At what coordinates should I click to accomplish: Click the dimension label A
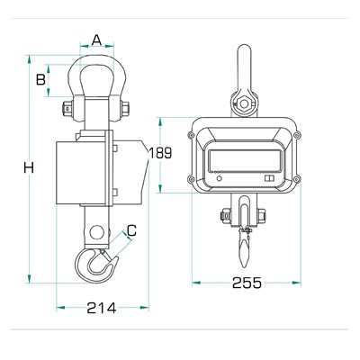pyautogui.click(x=96, y=40)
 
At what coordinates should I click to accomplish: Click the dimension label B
pyautogui.click(x=40, y=80)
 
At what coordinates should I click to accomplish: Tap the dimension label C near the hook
pyautogui.click(x=131, y=230)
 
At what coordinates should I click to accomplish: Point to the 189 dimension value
pyautogui.click(x=160, y=153)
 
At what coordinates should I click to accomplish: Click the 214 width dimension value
pyautogui.click(x=102, y=308)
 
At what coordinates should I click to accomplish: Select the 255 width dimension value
pyautogui.click(x=247, y=283)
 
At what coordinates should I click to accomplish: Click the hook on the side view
pyautogui.click(x=95, y=265)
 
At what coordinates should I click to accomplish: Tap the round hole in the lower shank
pyautogui.click(x=95, y=232)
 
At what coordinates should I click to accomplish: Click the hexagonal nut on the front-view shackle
pyautogui.click(x=245, y=103)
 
